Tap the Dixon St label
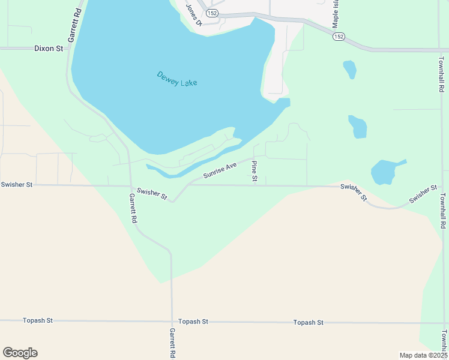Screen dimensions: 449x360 coord(49,48)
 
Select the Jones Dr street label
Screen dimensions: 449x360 coord(193,14)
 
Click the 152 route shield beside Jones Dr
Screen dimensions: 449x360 coord(211,13)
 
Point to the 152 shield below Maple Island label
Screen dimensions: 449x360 coord(339,37)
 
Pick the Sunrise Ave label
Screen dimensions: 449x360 coord(220,170)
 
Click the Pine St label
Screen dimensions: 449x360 coord(255,171)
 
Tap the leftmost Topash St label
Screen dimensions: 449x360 coord(38,321)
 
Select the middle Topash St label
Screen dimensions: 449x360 coord(192,322)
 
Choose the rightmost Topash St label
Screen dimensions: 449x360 coord(308,322)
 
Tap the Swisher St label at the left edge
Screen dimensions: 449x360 coord(17,185)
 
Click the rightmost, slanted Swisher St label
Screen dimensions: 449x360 coord(423,194)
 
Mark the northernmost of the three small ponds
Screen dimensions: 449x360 coord(349,69)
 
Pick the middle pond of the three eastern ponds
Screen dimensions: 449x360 coord(357,126)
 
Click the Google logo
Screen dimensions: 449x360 coord(20,353)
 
